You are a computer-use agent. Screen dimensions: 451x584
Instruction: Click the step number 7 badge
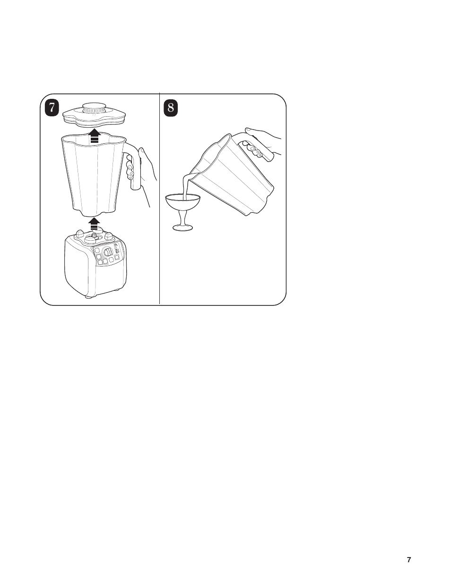(x=52, y=108)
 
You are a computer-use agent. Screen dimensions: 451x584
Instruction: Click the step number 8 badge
(x=171, y=108)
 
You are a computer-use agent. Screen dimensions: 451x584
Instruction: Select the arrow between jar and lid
(x=94, y=136)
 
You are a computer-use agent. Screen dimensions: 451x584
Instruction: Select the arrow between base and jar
(x=94, y=224)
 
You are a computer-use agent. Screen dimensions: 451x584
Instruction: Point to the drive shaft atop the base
(x=95, y=235)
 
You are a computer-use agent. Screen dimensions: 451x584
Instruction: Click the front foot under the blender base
(x=89, y=296)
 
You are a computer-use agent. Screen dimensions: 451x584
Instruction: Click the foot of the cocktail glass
(x=182, y=228)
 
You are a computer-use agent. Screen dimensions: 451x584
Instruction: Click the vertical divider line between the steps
(x=160, y=199)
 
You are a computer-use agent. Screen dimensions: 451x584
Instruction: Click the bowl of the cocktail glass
(x=182, y=202)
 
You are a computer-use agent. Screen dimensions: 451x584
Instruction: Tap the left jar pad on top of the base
(x=79, y=233)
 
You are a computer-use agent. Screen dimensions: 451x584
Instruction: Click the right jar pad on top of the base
(x=109, y=236)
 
